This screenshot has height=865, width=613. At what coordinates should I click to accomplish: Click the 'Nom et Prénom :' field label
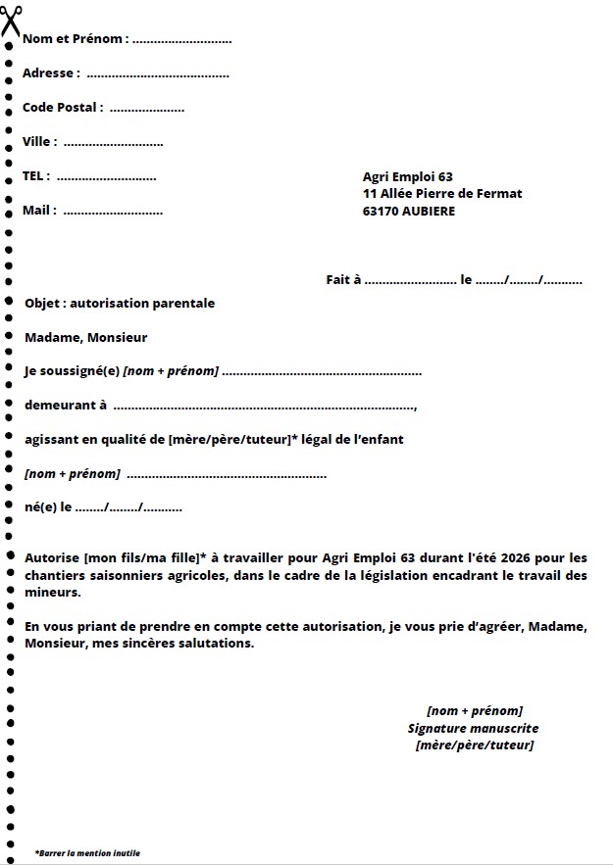tap(75, 39)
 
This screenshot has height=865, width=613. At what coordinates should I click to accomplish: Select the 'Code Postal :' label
tap(63, 108)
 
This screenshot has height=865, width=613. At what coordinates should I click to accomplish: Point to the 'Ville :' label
tap(39, 142)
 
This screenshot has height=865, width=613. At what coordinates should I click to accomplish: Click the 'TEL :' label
tap(36, 176)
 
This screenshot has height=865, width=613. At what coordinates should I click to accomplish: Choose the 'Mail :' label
tap(39, 211)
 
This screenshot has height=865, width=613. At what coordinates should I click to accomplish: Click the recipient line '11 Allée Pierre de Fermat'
tap(441, 194)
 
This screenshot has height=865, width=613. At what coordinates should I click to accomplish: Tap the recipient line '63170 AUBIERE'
tap(408, 211)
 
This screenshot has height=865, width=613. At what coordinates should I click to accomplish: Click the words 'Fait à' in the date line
tap(343, 280)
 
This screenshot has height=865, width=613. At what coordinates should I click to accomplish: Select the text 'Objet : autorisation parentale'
tap(119, 304)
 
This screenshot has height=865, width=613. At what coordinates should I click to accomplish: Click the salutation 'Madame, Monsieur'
tap(85, 338)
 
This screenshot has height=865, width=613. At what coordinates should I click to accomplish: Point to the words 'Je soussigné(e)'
tap(72, 372)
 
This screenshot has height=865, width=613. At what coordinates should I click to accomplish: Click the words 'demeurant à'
tap(65, 406)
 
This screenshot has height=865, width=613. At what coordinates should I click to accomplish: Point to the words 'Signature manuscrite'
tap(473, 729)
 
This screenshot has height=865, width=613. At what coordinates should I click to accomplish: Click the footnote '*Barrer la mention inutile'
tap(87, 853)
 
